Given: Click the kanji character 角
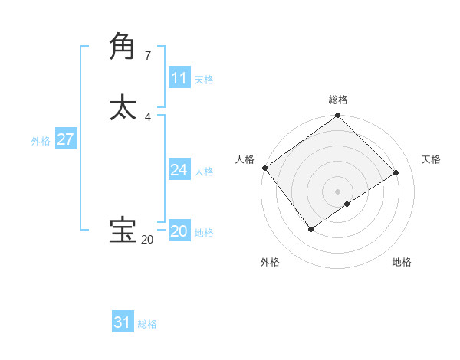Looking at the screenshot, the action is click(x=123, y=45).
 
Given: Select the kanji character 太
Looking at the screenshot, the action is click(x=123, y=106).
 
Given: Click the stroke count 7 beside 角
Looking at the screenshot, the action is click(x=147, y=55).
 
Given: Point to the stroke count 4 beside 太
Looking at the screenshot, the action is click(x=147, y=116).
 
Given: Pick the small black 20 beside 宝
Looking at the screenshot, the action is click(x=146, y=240).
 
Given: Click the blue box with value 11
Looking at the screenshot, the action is click(x=179, y=78).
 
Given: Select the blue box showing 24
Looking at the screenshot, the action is click(x=179, y=170).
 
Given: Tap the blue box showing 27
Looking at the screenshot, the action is click(x=65, y=139).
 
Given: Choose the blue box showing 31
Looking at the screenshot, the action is click(x=123, y=322).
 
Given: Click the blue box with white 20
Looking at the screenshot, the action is click(x=179, y=231).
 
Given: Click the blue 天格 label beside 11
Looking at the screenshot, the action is click(x=204, y=80).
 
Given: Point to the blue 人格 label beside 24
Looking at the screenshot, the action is click(x=204, y=172).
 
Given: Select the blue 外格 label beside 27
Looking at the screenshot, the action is click(x=41, y=141).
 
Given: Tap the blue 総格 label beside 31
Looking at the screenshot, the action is click(x=147, y=324).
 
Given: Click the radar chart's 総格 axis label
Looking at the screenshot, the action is click(x=338, y=100).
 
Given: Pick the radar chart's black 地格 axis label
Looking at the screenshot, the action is click(x=402, y=262).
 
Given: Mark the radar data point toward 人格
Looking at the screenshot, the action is click(x=264, y=168).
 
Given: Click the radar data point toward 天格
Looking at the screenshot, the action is click(x=396, y=172).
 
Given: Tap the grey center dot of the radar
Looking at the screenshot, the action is click(x=338, y=191).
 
